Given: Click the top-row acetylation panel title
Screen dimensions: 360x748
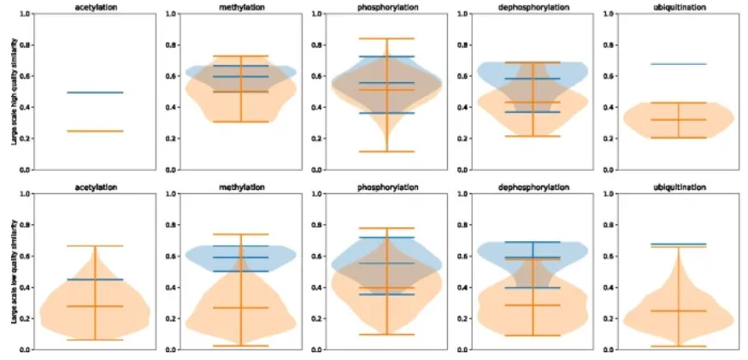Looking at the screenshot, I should pyautogui.click(x=94, y=7).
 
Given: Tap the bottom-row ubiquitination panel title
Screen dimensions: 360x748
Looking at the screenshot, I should pyautogui.click(x=680, y=186).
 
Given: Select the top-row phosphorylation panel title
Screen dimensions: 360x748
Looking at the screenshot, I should pyautogui.click(x=387, y=7).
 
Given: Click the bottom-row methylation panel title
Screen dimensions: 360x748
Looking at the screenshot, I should pyautogui.click(x=241, y=186).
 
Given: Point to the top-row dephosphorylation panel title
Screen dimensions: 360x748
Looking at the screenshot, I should pyautogui.click(x=533, y=7).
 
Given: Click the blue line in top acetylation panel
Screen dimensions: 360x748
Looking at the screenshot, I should pyautogui.click(x=94, y=92).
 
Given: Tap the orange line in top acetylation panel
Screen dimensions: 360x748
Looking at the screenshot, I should pyautogui.click(x=94, y=131).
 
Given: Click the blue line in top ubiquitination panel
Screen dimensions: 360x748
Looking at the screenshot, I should pyautogui.click(x=680, y=64).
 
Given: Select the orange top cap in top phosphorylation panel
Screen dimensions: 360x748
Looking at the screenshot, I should pyautogui.click(x=387, y=38).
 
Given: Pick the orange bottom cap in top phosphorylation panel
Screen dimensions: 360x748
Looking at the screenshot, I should pyautogui.click(x=387, y=151).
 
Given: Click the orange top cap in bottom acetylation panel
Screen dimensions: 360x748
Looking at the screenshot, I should pyautogui.click(x=94, y=246).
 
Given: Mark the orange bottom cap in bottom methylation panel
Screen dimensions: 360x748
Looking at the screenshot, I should pyautogui.click(x=241, y=345).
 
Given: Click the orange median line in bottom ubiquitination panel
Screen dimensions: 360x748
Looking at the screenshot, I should pyautogui.click(x=680, y=310).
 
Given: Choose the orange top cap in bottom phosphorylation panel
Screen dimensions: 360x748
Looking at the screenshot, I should pyautogui.click(x=387, y=228).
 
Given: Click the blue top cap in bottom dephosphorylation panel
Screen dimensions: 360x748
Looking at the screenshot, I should pyautogui.click(x=533, y=242).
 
